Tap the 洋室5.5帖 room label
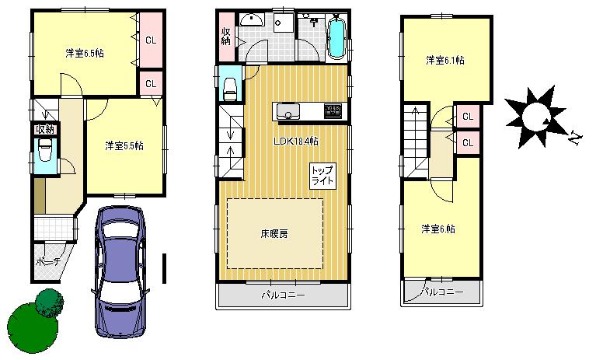[124, 145]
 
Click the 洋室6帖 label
[438, 229]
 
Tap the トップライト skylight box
[322, 175]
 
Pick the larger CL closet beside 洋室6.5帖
[151, 39]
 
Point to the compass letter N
[575, 138]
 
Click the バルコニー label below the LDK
[282, 295]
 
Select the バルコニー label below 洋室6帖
[443, 292]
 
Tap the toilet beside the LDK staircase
[231, 85]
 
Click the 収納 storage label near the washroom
[226, 36]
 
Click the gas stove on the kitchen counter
[333, 111]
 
